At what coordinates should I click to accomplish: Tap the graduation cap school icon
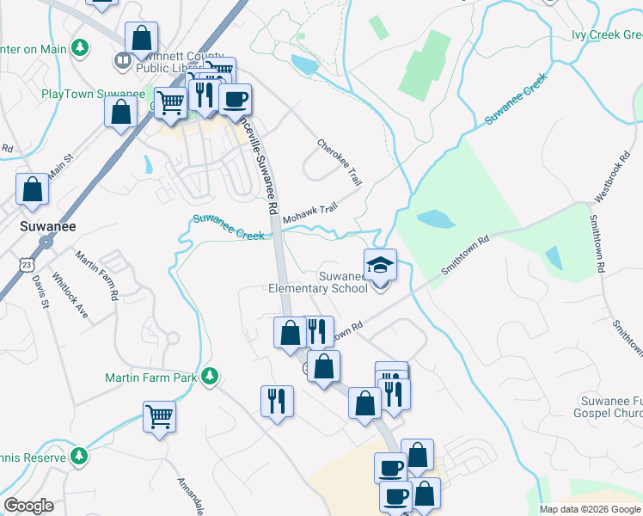380,265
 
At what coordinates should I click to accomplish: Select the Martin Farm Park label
151,377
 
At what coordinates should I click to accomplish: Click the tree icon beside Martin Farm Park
209,377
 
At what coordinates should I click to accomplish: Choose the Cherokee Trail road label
340,163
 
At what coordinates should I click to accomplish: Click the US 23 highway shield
29,261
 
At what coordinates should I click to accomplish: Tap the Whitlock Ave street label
70,298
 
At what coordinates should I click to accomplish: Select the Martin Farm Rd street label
96,275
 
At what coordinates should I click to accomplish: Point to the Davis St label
39,291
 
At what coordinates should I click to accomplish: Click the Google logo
28,506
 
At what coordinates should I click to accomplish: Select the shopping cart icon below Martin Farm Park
159,417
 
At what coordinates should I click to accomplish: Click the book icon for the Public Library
122,61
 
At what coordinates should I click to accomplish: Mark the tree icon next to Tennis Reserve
78,455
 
